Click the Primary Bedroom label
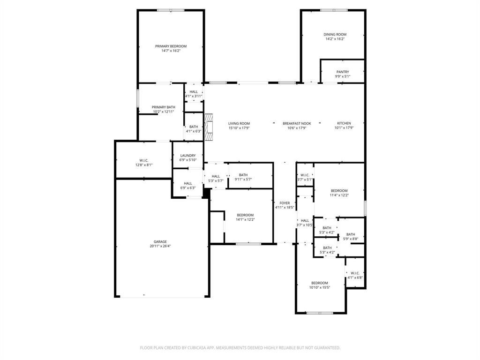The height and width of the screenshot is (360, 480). (x=171, y=46)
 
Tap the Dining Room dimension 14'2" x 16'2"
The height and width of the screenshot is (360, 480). (x=335, y=39)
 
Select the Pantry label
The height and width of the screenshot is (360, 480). (x=342, y=72)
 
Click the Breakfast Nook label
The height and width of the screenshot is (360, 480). (x=296, y=123)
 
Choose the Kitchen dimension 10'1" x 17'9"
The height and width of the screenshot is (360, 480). (x=344, y=127)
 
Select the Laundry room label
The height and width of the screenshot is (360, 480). (x=187, y=156)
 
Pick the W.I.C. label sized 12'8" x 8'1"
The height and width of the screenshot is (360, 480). (x=143, y=160)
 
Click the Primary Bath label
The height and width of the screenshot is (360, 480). (x=163, y=107)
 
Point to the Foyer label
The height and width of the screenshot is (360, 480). (x=285, y=203)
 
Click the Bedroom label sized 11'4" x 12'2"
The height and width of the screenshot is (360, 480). (x=339, y=191)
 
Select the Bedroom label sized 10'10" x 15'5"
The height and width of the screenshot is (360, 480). (x=319, y=283)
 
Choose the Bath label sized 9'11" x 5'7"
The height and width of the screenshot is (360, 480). (x=243, y=175)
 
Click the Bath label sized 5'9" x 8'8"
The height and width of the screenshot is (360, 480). (x=351, y=234)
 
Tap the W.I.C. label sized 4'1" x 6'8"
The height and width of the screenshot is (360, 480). (x=355, y=273)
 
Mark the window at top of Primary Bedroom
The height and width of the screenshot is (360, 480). (x=171, y=10)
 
